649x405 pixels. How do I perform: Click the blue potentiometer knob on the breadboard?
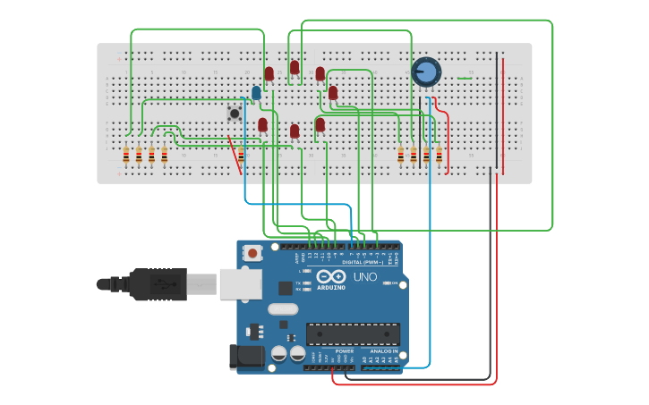426,72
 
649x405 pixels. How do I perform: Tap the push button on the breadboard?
235,114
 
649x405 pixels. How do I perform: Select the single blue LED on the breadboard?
256,93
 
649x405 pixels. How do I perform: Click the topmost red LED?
294,67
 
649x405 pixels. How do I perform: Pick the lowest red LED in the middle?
294,131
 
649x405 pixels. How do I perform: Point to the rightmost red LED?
333,93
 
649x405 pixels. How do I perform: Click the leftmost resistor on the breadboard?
126,156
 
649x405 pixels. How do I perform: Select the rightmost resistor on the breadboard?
439,156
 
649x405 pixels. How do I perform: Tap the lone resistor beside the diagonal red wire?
241,156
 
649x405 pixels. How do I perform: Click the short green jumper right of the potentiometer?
465,79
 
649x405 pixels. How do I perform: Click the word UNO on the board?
365,277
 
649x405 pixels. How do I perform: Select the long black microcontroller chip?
353,334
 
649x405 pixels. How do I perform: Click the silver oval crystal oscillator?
282,309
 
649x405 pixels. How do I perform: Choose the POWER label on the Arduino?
344,351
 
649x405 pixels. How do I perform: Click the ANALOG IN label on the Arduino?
382,351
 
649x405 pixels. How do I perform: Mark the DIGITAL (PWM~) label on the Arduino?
363,262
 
